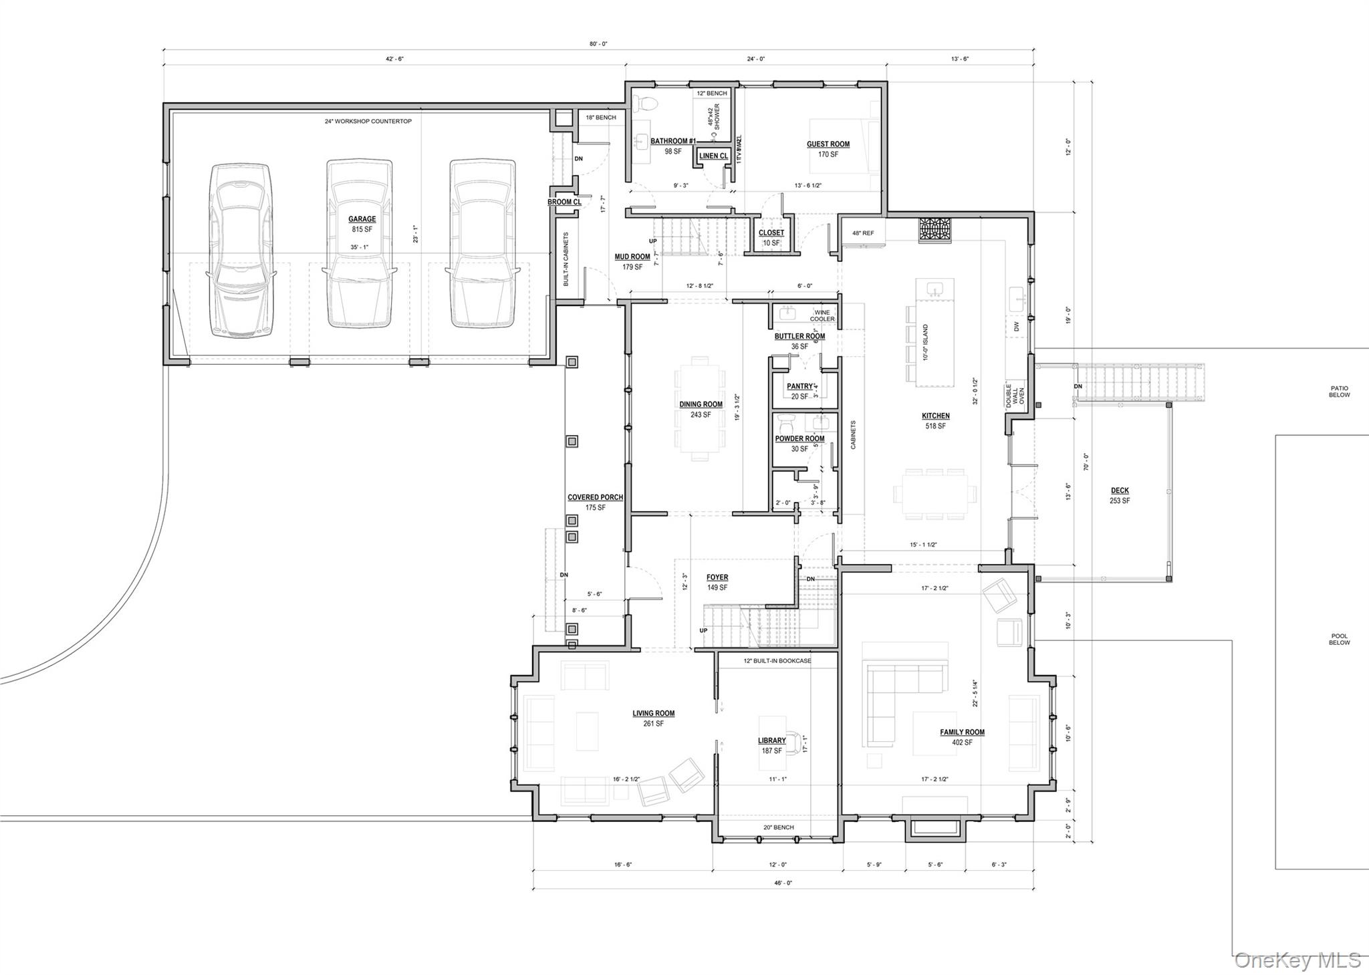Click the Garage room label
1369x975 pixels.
tap(362, 219)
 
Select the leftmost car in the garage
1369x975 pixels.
tap(241, 250)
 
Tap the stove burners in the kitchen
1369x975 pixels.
tap(935, 229)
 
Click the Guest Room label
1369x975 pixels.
tap(828, 144)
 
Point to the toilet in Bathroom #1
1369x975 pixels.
tap(644, 103)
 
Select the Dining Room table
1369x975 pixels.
tap(700, 409)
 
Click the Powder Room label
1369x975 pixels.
tap(799, 439)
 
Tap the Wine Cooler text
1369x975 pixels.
tap(822, 315)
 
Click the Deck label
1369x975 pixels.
tap(1120, 491)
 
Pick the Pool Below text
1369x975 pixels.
tap(1339, 640)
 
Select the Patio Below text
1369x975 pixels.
tap(1339, 392)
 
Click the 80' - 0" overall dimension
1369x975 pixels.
tap(598, 44)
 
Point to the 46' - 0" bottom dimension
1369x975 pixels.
tap(783, 883)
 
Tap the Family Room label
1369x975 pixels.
tap(962, 732)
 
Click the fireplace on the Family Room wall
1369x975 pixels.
tap(935, 828)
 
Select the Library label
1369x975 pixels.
tap(771, 740)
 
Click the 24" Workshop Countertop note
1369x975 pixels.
tap(368, 122)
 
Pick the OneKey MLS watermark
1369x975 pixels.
tap(1297, 960)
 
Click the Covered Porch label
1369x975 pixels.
tap(595, 497)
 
